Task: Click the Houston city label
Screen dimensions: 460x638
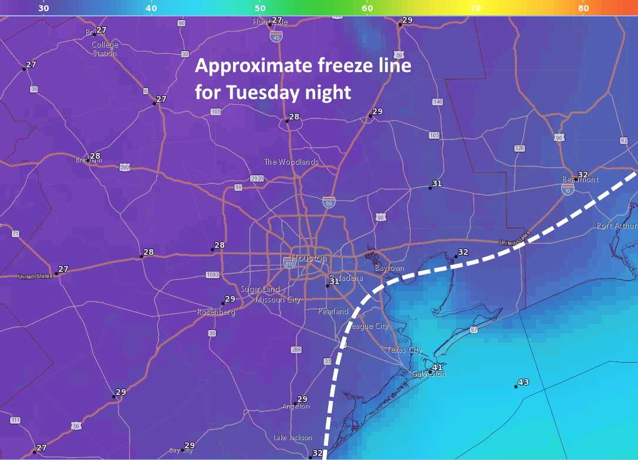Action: tap(309, 258)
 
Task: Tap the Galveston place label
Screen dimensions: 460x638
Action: tap(428, 374)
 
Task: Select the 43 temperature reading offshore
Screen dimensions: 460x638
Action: tap(523, 382)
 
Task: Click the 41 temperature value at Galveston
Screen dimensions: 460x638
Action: tap(437, 367)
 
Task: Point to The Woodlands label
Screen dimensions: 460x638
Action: tap(291, 162)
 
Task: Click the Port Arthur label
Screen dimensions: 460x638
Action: tap(616, 226)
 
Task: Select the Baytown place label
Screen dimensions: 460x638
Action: tap(390, 268)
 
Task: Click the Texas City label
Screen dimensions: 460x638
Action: tap(404, 350)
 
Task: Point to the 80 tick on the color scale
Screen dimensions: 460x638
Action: tap(583, 8)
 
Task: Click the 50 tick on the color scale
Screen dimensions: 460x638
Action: tap(259, 8)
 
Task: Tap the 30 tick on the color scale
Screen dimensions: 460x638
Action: tap(43, 8)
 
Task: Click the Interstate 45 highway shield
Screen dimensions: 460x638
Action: tap(276, 36)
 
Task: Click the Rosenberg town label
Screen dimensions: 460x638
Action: tap(216, 312)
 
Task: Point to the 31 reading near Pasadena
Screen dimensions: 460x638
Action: tap(334, 281)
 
